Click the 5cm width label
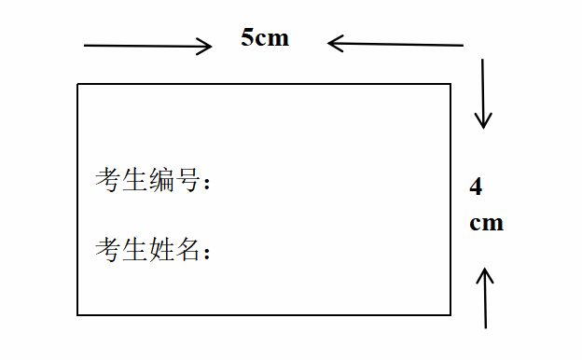265,38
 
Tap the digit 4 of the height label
476,187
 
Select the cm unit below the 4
486,223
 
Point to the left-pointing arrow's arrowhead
330,43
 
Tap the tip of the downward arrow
482,127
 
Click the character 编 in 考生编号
161,179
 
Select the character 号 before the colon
187,179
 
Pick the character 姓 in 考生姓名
161,249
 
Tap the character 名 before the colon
187,249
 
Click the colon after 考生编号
207,183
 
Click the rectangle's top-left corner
77,84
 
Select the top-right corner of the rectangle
450,84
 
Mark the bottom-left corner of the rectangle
77,315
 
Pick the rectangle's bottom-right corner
450,315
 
